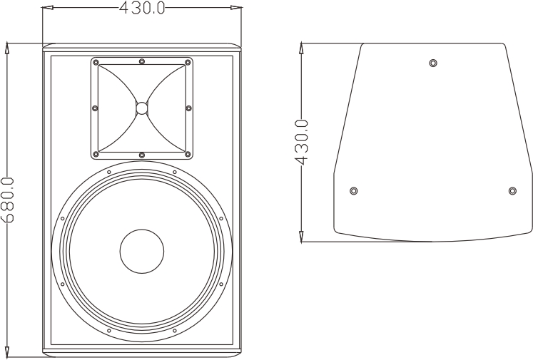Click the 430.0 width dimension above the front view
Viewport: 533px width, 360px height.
pyautogui.click(x=141, y=8)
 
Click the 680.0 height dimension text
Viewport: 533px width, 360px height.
pyautogui.click(x=7, y=200)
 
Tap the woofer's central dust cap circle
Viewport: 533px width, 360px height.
pyautogui.click(x=141, y=251)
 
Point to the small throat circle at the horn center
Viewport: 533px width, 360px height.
pyautogui.click(x=141, y=108)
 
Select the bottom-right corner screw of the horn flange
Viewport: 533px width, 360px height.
pyautogui.click(x=188, y=153)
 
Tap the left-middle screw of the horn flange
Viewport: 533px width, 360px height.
pyautogui.click(x=95, y=108)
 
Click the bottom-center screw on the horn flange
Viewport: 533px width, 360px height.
pyautogui.click(x=141, y=155)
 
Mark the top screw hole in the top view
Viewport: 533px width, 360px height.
pyautogui.click(x=433, y=63)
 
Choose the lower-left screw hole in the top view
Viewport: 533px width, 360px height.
pyautogui.click(x=354, y=191)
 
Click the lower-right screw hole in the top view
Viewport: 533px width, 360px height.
pyautogui.click(x=512, y=191)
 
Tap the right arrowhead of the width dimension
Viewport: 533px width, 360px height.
pyautogui.click(x=236, y=9)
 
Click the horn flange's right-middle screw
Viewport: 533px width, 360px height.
pyautogui.click(x=188, y=108)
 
